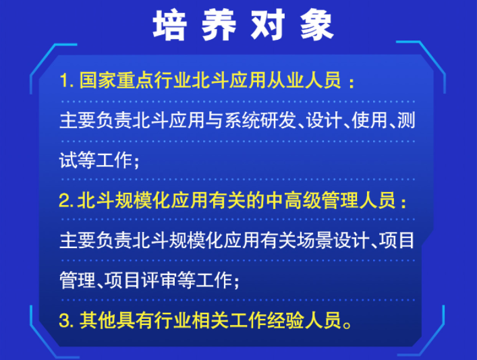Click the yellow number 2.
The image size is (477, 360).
click(x=64, y=202)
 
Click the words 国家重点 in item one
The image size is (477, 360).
click(x=114, y=82)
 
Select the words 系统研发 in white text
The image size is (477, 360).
click(x=262, y=121)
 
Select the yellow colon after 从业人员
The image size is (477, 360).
click(x=350, y=82)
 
